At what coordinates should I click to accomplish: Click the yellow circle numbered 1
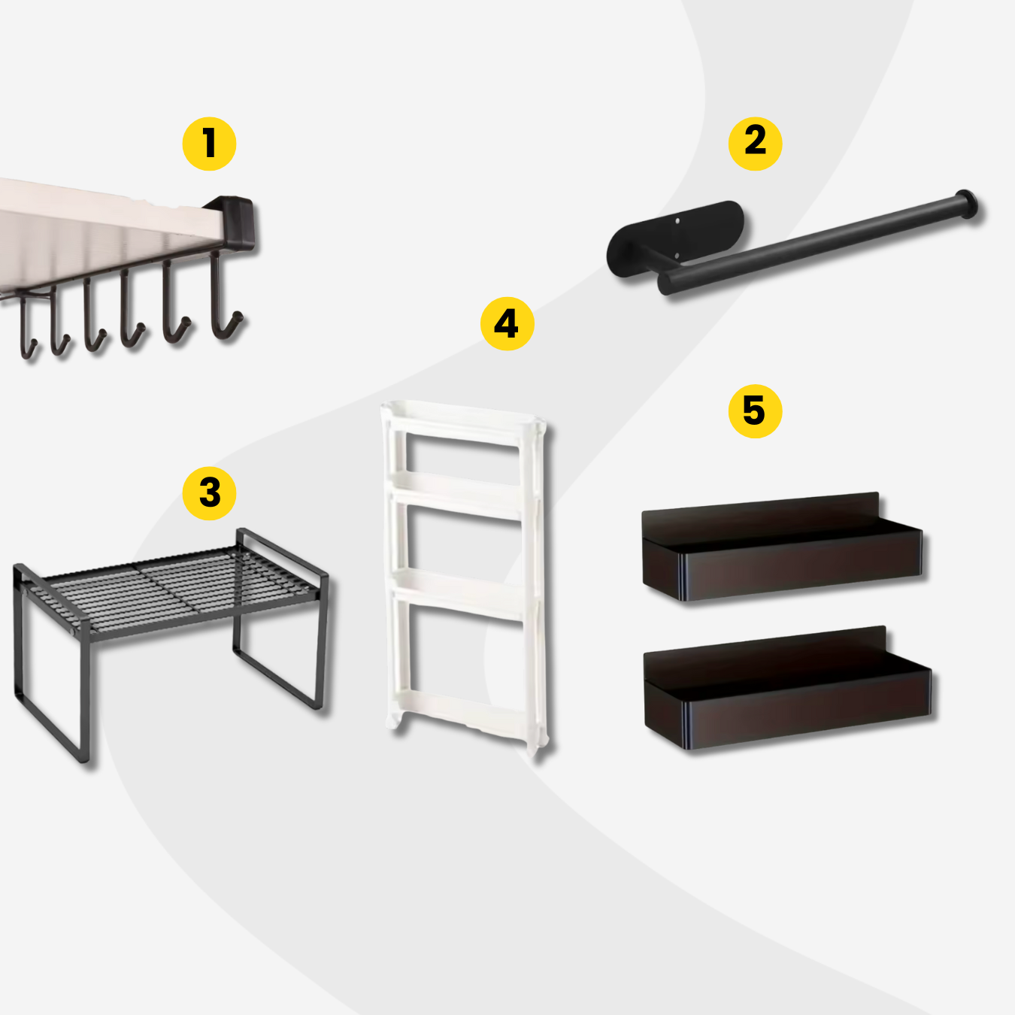coord(209,144)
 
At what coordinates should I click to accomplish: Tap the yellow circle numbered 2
coord(755,144)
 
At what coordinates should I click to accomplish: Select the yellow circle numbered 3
coord(209,493)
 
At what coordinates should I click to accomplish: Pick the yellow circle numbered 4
coord(507,323)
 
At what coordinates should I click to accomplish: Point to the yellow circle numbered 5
coord(755,411)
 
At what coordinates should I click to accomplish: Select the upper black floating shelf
coord(782,548)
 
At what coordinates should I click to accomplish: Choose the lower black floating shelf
coord(787,687)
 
